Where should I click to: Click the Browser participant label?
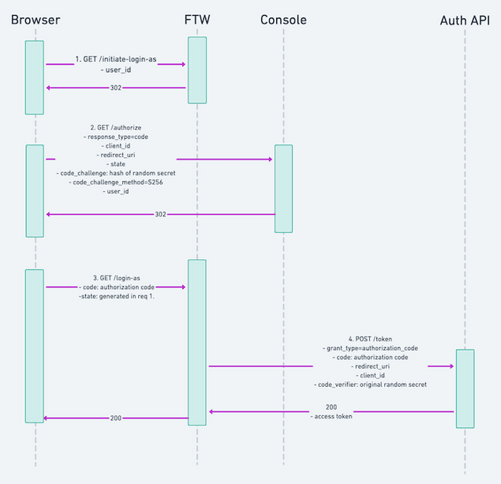pos(35,19)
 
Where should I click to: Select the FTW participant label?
pos(197,19)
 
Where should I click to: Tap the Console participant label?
pos(283,19)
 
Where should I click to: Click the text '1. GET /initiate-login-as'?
pos(116,59)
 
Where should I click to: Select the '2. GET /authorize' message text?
pos(116,126)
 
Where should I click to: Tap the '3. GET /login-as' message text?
pos(116,278)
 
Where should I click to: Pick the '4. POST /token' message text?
pos(369,339)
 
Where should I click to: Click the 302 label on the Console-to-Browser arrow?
pos(160,214)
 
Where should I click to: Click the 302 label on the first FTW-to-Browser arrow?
pos(115,88)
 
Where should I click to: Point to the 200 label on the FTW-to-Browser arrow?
pos(115,418)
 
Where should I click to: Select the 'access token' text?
pos(331,416)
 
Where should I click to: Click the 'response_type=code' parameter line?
pos(116,137)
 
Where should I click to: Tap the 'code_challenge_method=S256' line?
pos(116,182)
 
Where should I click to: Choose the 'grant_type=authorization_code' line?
pos(369,348)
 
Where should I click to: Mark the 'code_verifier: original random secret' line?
pos(369,385)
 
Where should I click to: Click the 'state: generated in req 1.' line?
pos(116,297)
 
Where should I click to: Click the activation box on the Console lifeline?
pos(283,188)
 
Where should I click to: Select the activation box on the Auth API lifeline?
pos(465,388)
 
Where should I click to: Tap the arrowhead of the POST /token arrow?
pos(452,366)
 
